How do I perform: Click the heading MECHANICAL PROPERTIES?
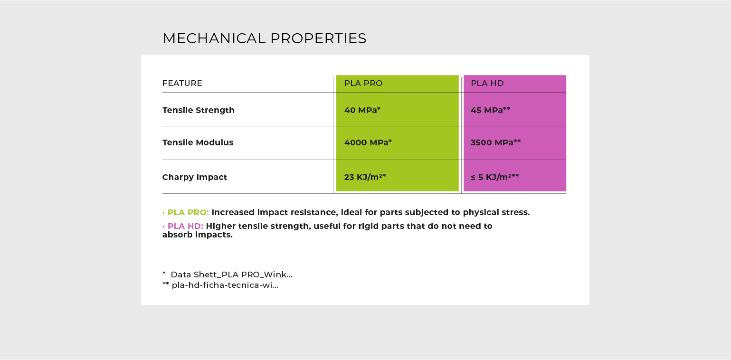point(264,38)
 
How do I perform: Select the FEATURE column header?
point(182,83)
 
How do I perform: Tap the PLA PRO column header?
point(363,83)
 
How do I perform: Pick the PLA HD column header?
point(487,83)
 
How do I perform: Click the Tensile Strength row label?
point(198,110)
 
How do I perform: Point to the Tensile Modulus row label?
point(198,142)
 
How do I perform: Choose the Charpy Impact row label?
point(194,177)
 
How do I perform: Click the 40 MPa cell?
point(362,110)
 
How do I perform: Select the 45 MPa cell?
point(490,110)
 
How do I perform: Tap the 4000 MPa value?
point(368,142)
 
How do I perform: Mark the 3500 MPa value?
point(495,142)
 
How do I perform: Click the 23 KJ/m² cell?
point(364,177)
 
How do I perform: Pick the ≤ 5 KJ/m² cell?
point(494,177)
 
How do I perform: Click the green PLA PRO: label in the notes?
point(188,212)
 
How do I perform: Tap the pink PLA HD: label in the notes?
point(185,226)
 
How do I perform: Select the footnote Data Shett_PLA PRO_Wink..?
point(231,275)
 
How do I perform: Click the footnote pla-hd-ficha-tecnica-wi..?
point(225,285)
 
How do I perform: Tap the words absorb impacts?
point(197,235)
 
